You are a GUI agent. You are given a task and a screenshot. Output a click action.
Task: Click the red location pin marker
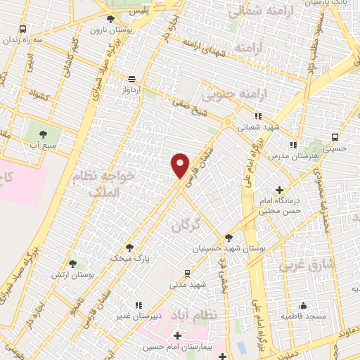(181, 165)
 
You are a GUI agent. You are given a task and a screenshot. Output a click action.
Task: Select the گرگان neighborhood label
(186, 224)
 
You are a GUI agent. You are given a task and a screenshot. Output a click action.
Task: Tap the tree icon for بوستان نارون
(110, 19)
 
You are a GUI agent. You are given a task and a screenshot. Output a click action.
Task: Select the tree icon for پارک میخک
(129, 247)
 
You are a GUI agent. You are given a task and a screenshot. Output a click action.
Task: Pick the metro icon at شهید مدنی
(186, 273)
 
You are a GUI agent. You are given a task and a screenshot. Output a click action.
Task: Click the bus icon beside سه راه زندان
(23, 30)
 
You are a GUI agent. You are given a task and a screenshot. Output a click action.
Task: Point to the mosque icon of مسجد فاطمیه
(303, 305)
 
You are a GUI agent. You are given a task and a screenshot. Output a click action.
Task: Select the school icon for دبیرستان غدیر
(138, 305)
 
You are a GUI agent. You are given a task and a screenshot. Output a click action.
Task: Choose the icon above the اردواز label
(131, 79)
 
